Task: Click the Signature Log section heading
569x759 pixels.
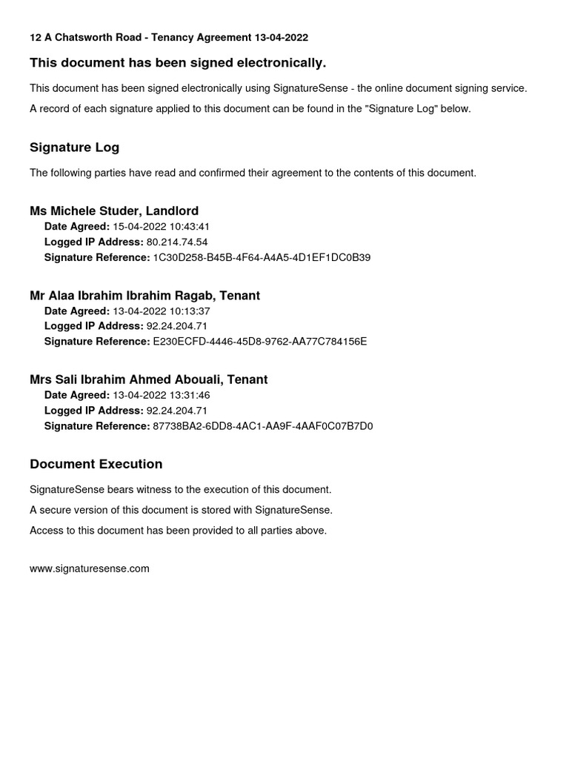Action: pyautogui.click(x=74, y=148)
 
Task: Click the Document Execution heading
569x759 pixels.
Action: pyautogui.click(x=96, y=464)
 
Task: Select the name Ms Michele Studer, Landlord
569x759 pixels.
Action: pyautogui.click(x=114, y=211)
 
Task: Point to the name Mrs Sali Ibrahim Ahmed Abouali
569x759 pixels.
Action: pyautogui.click(x=127, y=379)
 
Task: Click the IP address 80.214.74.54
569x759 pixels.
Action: pyautogui.click(x=177, y=242)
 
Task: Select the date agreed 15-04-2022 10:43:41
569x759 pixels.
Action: pyautogui.click(x=162, y=226)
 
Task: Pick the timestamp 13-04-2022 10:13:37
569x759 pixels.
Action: pyautogui.click(x=162, y=311)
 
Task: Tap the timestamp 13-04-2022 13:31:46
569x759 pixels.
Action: pyautogui.click(x=162, y=395)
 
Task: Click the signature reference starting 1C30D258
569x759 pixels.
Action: pyautogui.click(x=262, y=257)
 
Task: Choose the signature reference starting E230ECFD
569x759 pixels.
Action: pyautogui.click(x=259, y=342)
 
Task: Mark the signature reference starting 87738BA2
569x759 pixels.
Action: pyautogui.click(x=262, y=426)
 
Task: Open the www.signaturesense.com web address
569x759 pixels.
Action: pyautogui.click(x=90, y=569)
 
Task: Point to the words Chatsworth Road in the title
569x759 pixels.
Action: pyautogui.click(x=96, y=37)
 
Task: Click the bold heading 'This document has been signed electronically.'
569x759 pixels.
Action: pyautogui.click(x=178, y=62)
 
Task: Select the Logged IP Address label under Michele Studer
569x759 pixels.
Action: pyautogui.click(x=94, y=242)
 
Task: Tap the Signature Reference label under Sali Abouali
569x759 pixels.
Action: pyautogui.click(x=97, y=426)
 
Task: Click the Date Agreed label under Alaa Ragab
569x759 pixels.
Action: pyautogui.click(x=77, y=311)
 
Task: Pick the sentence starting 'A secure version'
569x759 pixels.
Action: pyautogui.click(x=181, y=510)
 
